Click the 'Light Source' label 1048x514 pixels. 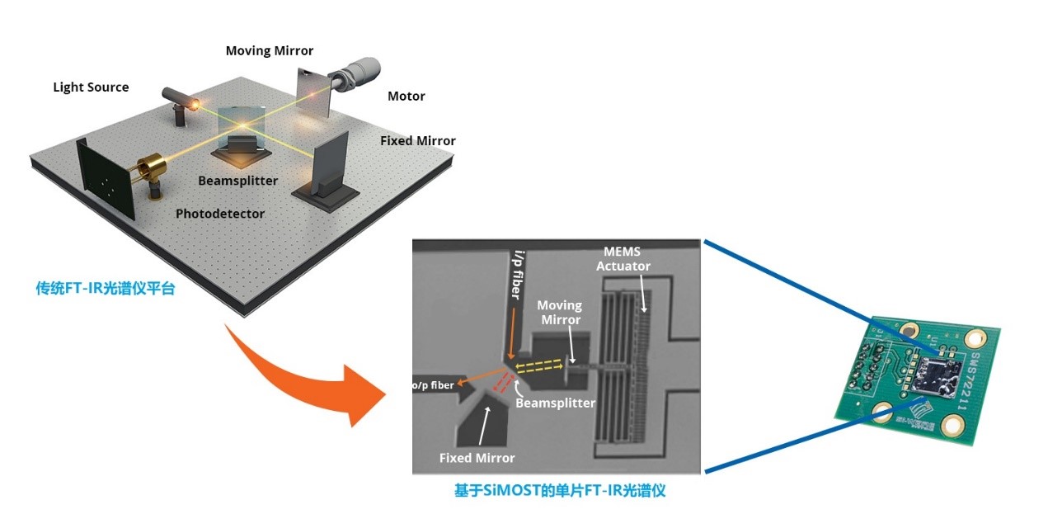tap(91, 87)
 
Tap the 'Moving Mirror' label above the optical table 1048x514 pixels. tap(270, 51)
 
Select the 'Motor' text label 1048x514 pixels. tap(407, 97)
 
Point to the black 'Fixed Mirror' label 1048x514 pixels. tap(418, 141)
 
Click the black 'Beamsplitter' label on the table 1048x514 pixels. tap(238, 181)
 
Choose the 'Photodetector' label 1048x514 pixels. tap(220, 214)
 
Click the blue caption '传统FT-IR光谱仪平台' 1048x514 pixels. tap(106, 290)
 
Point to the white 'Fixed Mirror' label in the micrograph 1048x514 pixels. tap(477, 458)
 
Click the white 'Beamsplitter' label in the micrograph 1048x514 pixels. tap(555, 403)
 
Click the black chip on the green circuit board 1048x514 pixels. tap(942, 380)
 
